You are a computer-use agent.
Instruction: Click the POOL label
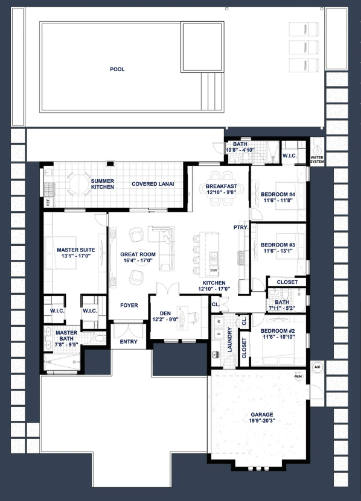pyautogui.click(x=117, y=69)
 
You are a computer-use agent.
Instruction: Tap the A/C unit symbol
pyautogui.click(x=317, y=367)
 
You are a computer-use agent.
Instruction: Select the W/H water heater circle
pyautogui.click(x=298, y=376)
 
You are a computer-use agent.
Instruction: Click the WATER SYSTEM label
pyautogui.click(x=317, y=159)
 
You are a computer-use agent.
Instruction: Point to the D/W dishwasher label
pyautogui.click(x=214, y=270)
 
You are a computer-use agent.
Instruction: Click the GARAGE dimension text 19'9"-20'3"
pyautogui.click(x=262, y=421)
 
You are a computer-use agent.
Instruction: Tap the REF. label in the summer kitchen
pyautogui.click(x=48, y=202)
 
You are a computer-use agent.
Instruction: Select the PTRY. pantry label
pyautogui.click(x=241, y=227)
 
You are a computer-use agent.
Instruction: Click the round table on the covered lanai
pyautogui.click(x=78, y=183)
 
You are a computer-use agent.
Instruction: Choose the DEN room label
pyautogui.click(x=165, y=314)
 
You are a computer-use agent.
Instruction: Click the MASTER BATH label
pyautogui.click(x=66, y=335)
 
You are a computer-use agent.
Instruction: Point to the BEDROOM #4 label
pyautogui.click(x=278, y=194)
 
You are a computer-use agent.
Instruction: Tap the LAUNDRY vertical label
pyautogui.click(x=229, y=339)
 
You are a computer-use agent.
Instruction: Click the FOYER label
pyautogui.click(x=129, y=306)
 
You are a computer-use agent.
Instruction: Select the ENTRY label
pyautogui.click(x=129, y=342)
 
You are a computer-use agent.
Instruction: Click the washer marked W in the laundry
pyautogui.click(x=219, y=321)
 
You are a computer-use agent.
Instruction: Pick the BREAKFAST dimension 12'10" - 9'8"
pyautogui.click(x=222, y=192)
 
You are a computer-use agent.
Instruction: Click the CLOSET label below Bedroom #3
pyautogui.click(x=287, y=282)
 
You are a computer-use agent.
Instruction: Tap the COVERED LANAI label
pyautogui.click(x=153, y=184)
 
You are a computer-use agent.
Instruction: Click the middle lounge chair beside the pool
pyautogui.click(x=304, y=47)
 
